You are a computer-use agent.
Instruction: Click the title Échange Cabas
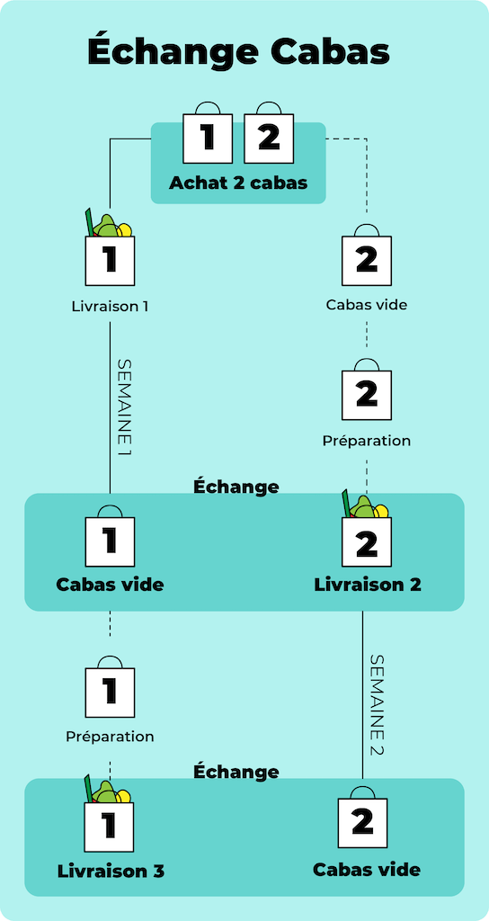[238, 51]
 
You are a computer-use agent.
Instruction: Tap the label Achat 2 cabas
[238, 183]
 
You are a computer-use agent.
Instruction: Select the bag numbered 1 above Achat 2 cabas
[208, 133]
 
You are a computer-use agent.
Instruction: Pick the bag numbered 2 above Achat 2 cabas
[269, 133]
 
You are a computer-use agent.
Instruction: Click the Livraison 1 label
[110, 306]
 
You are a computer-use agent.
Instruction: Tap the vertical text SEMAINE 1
[124, 407]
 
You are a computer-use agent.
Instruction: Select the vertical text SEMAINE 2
[377, 705]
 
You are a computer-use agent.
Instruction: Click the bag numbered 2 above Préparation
[367, 389]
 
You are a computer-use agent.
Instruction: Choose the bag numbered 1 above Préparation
[111, 686]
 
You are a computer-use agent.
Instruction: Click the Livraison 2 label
[368, 585]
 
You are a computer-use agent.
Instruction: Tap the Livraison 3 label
[111, 871]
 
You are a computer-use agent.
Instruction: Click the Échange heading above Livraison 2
[236, 487]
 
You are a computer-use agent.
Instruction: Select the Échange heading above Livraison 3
[236, 771]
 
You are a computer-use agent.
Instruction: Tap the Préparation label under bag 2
[367, 441]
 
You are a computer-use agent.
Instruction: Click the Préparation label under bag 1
[110, 736]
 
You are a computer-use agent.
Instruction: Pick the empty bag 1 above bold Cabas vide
[111, 537]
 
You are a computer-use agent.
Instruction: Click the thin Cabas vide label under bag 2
[367, 305]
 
